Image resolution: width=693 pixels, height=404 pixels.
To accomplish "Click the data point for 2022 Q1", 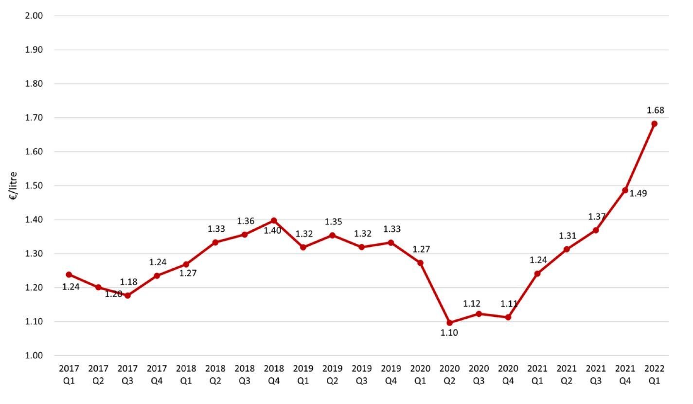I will [x=654, y=124].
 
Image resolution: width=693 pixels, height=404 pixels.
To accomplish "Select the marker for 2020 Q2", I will [x=449, y=323].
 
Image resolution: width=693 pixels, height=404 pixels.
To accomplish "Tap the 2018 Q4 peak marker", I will [x=274, y=220].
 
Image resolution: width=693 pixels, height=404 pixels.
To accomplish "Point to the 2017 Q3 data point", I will [x=127, y=295].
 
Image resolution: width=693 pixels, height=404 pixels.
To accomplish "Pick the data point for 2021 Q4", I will [x=625, y=190].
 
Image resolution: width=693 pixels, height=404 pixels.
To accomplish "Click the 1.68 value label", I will [x=655, y=110].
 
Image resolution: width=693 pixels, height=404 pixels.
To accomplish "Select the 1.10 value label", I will [x=449, y=333].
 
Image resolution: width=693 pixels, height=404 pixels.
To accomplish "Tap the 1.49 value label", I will [x=638, y=194].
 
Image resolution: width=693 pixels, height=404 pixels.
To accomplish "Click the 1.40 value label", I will [x=272, y=231].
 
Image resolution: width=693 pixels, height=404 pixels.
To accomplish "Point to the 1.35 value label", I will [x=334, y=222].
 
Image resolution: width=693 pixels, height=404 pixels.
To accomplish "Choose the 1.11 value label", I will [x=509, y=304].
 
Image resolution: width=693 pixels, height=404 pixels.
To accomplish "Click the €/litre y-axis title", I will [x=13, y=185].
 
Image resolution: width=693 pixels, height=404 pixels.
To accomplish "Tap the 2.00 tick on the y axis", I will [x=34, y=16].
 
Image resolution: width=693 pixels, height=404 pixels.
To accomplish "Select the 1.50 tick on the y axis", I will [x=34, y=185].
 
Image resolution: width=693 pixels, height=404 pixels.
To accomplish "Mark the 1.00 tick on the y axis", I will [x=34, y=356].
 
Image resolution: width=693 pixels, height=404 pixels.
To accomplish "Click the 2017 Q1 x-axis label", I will [x=69, y=374].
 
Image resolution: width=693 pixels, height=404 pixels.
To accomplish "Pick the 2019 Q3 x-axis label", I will [x=361, y=374].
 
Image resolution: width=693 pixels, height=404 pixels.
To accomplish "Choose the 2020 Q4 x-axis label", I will [x=508, y=374].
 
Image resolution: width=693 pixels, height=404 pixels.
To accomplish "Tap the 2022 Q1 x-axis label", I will [x=654, y=374].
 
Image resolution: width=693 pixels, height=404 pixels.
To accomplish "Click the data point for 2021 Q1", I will [x=537, y=274].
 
